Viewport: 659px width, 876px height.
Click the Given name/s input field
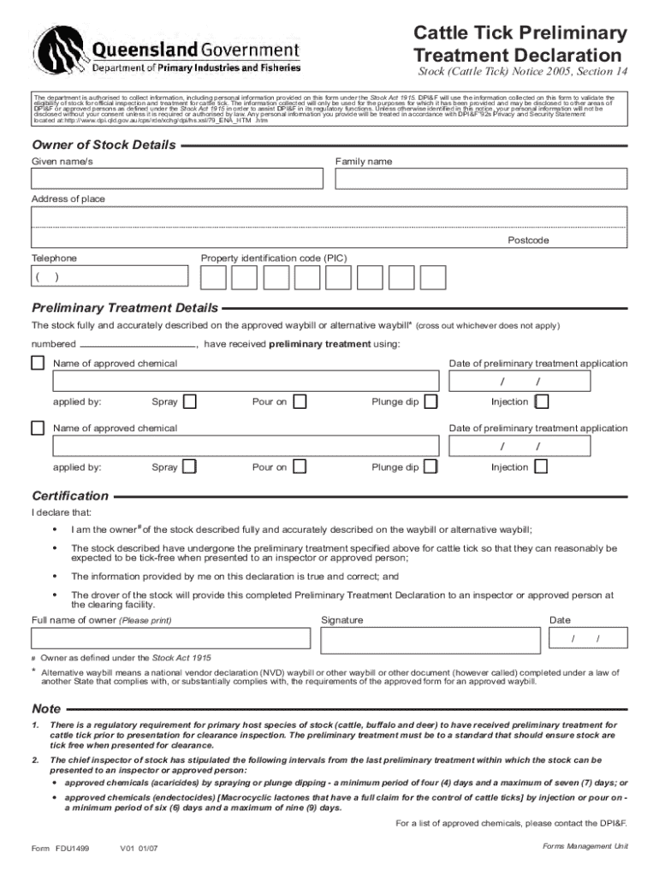(177, 179)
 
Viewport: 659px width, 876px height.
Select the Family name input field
(481, 179)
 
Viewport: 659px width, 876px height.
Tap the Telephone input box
(110, 276)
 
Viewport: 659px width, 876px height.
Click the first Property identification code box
(213, 277)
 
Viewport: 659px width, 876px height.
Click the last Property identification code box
(433, 277)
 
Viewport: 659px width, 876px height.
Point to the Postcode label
(528, 240)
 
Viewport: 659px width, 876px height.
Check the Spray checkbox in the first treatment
(190, 401)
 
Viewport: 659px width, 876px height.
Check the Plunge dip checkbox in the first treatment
(430, 401)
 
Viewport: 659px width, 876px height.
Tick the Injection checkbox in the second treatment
(541, 467)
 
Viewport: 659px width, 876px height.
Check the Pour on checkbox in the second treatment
(300, 467)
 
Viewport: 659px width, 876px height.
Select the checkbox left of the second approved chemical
(38, 428)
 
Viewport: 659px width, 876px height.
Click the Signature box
(430, 639)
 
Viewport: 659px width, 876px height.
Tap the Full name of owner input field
(171, 639)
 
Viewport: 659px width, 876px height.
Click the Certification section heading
(70, 496)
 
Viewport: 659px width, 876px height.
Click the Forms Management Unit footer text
(585, 845)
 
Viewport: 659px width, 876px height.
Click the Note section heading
(46, 709)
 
